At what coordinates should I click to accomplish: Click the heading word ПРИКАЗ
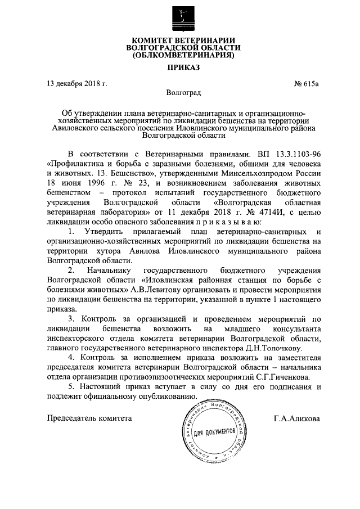coord(179,68)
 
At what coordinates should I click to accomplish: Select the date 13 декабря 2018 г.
coord(76,84)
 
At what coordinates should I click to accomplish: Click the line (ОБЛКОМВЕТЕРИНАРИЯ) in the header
coord(179,56)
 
